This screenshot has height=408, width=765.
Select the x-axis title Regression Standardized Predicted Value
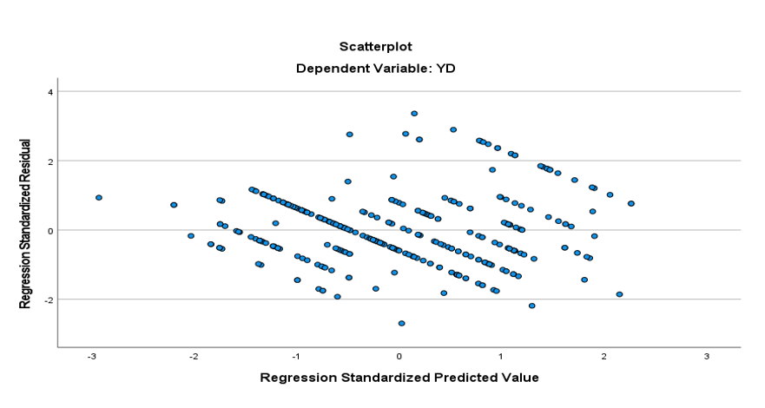click(399, 378)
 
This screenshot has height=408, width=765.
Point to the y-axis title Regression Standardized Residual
click(26, 222)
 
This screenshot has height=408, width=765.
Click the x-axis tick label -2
click(193, 358)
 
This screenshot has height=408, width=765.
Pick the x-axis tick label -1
click(295, 358)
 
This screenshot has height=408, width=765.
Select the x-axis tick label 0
click(399, 358)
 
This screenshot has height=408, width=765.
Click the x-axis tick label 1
click(501, 358)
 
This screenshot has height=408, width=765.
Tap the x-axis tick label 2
click(603, 358)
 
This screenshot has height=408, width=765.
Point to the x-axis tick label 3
click(706, 358)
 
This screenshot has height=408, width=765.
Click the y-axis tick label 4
click(50, 92)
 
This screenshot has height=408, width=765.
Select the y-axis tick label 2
click(50, 161)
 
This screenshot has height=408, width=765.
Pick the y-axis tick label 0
click(50, 231)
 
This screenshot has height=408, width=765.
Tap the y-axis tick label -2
click(49, 299)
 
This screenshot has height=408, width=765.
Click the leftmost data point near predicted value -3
click(99, 198)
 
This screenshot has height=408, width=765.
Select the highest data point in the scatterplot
click(414, 114)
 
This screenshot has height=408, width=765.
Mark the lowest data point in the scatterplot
click(401, 323)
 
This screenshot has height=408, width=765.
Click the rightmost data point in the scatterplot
click(631, 203)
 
